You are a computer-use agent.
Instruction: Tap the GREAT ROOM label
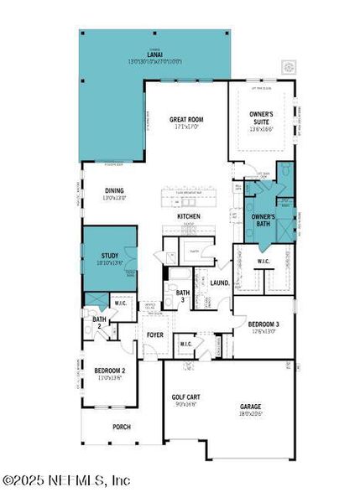pos(186,120)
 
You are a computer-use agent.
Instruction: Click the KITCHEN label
pos(188,216)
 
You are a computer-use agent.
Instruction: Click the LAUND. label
pos(220,283)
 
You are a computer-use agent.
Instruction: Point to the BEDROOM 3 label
pos(263,325)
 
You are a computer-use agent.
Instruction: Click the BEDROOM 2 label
pos(109,371)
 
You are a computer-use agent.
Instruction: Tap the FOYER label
pos(155,335)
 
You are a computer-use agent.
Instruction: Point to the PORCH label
pos(122,426)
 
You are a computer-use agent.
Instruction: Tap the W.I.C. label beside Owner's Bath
pos(263,261)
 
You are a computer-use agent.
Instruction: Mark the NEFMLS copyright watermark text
pos(67,480)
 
